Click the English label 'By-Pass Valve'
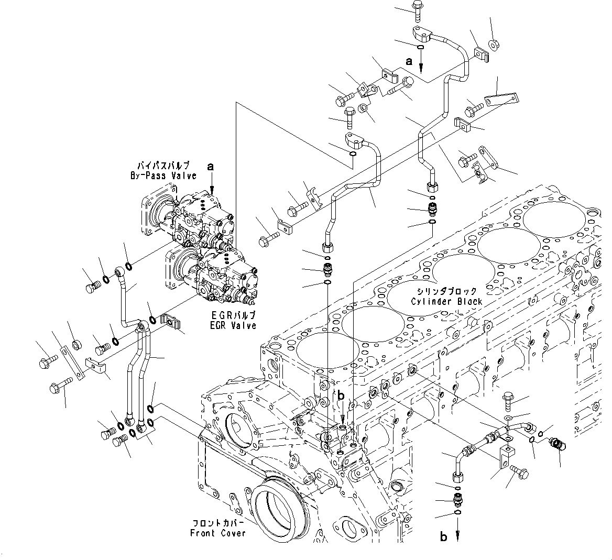163,176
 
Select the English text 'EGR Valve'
234,325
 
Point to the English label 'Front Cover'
218,533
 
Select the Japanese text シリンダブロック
446,292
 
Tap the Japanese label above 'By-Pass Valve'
163,166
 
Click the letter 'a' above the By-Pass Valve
211,167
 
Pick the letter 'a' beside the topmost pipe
409,61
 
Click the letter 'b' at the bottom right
444,537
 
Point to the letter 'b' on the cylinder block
341,396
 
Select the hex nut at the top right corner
493,44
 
